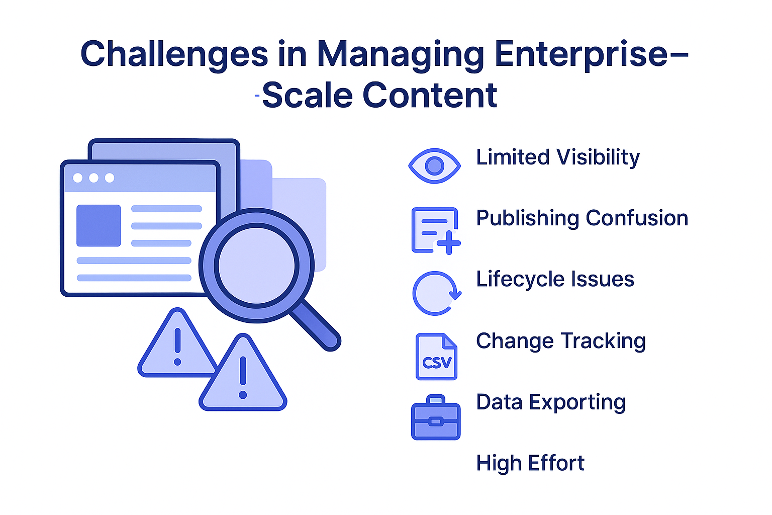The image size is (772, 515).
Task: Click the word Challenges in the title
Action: click(x=174, y=54)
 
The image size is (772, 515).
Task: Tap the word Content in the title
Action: click(x=430, y=96)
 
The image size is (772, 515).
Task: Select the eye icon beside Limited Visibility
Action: click(x=435, y=165)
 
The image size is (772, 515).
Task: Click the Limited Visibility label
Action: click(x=558, y=157)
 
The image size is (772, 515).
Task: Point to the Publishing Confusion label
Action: click(x=582, y=218)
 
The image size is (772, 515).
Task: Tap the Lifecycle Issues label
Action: click(x=555, y=279)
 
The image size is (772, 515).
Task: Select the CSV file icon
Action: click(x=436, y=356)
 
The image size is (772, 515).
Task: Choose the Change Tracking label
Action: click(x=560, y=341)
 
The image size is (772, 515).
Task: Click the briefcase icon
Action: click(x=436, y=417)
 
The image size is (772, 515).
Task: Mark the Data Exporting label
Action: click(x=551, y=402)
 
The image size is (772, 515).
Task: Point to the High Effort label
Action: click(x=530, y=463)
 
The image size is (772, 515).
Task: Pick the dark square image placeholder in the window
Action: click(x=99, y=225)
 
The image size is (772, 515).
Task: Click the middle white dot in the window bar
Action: click(x=93, y=178)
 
